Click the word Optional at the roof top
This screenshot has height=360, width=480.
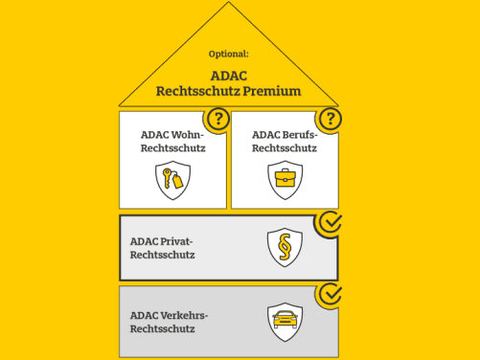tap(228, 54)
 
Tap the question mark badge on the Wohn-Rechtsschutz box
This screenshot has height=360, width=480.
tap(219, 119)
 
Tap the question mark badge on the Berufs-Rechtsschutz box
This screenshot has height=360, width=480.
tap(331, 119)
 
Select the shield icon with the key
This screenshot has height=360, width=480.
tap(172, 179)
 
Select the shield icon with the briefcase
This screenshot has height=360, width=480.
tap(285, 179)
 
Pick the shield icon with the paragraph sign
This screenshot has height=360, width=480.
tap(285, 247)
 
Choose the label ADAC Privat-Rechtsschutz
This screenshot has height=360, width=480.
tap(162, 248)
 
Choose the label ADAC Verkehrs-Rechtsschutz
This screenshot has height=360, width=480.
tap(169, 320)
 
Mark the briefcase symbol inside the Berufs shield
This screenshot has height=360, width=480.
tap(285, 178)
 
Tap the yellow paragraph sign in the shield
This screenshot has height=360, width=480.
tap(285, 247)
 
